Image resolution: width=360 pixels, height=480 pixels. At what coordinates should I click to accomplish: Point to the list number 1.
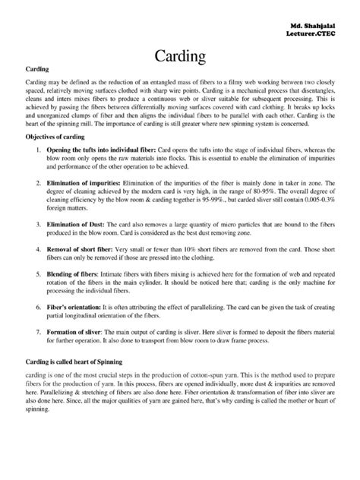(x=39, y=152)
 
